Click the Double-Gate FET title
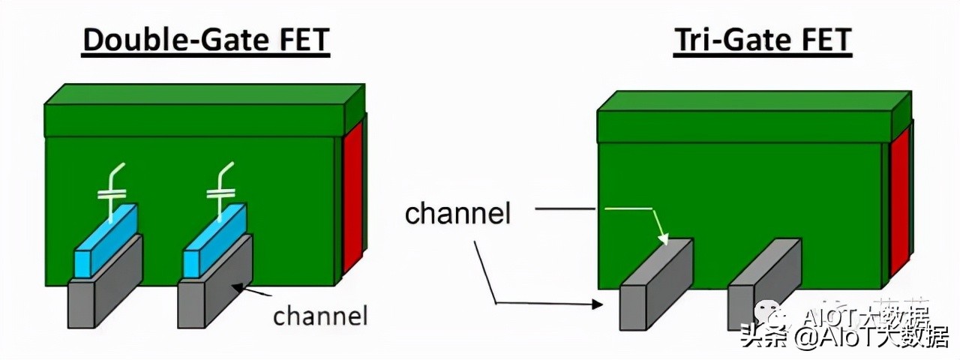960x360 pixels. [x=205, y=40]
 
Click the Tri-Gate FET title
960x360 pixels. [x=762, y=40]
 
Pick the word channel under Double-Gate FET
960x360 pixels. [x=320, y=316]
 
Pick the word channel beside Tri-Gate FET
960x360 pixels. [x=457, y=214]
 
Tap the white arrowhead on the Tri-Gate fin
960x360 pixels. [x=663, y=239]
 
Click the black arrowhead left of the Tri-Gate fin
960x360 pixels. [x=598, y=304]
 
